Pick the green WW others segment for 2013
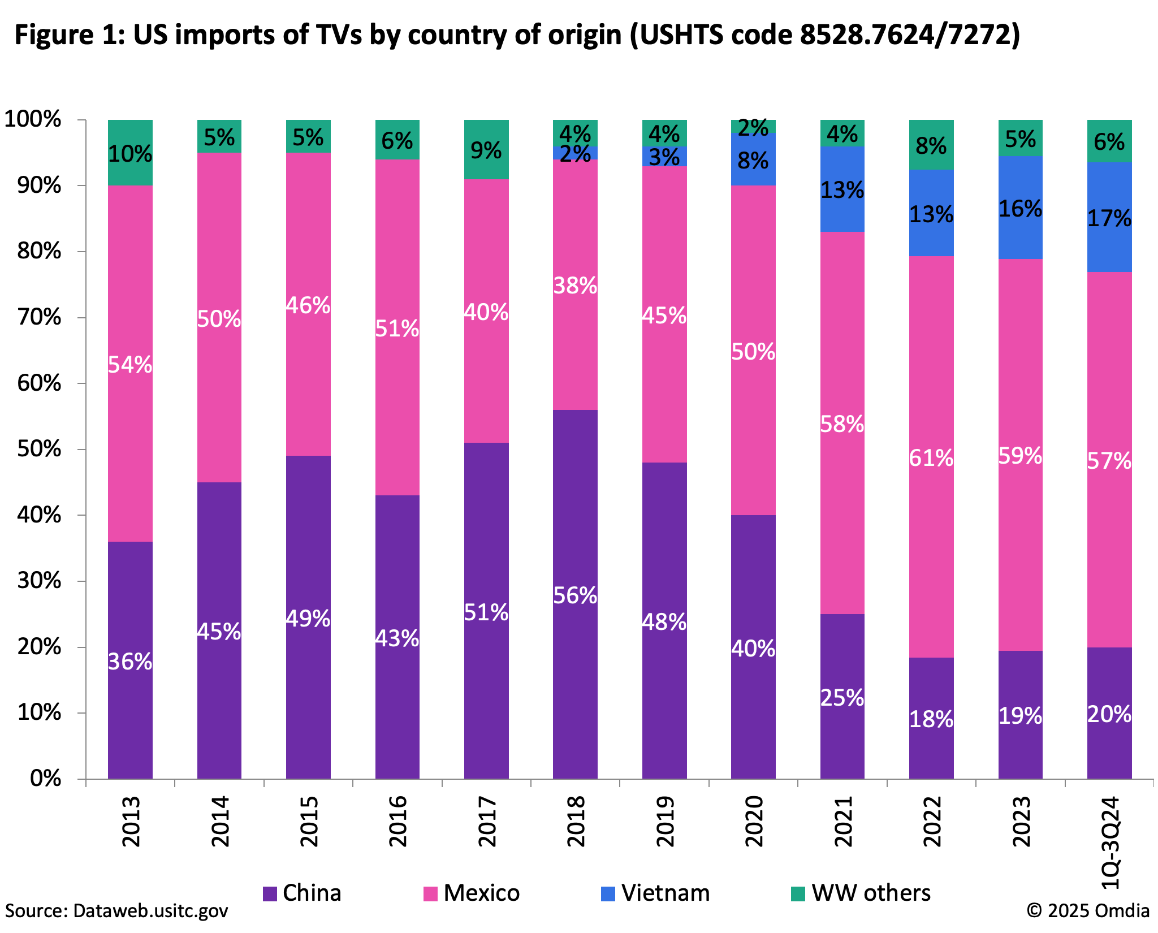(x=130, y=153)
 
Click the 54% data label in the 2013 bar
(x=130, y=365)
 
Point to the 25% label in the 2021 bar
(x=842, y=698)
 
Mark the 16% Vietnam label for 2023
(x=1020, y=209)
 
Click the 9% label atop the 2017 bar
(x=486, y=151)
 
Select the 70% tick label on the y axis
(x=39, y=317)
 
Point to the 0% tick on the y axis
(x=45, y=779)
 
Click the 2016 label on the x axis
(x=397, y=821)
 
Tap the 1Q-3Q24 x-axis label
(x=1109, y=843)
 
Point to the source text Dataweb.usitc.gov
(x=150, y=911)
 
